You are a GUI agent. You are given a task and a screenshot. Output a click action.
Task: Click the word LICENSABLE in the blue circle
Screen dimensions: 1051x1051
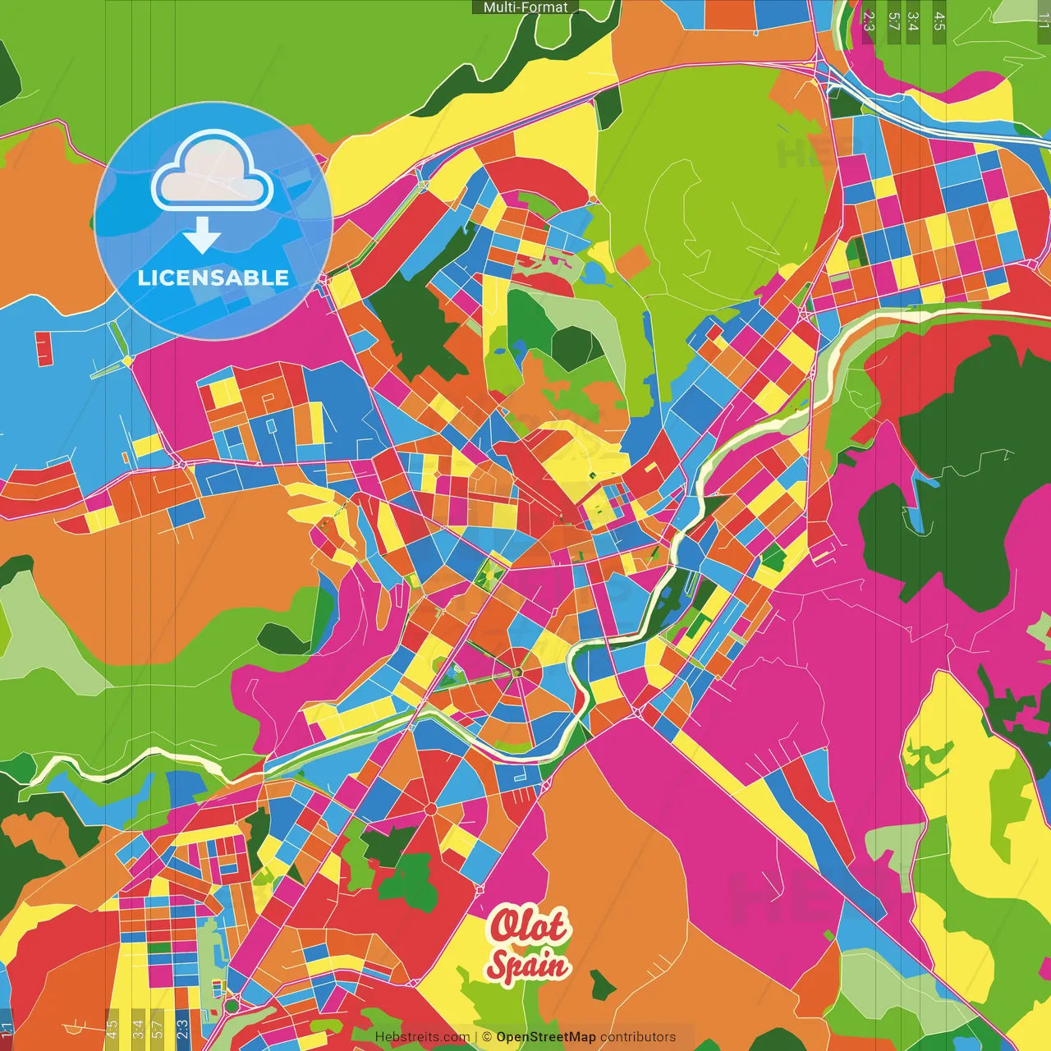pyautogui.click(x=213, y=278)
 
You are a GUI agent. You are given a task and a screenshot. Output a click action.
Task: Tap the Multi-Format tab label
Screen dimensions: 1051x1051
pyautogui.click(x=525, y=7)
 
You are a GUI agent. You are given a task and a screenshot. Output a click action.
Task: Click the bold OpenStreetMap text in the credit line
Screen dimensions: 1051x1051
pyautogui.click(x=545, y=1037)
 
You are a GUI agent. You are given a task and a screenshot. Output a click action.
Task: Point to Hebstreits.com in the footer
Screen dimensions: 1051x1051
pyautogui.click(x=422, y=1037)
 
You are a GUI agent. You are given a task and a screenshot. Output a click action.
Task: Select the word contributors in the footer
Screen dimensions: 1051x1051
pyautogui.click(x=638, y=1037)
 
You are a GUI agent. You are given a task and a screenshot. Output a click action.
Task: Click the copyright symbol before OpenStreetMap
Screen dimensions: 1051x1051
pyautogui.click(x=487, y=1037)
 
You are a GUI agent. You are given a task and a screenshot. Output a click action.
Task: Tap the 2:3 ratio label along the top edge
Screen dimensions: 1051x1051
pyautogui.click(x=869, y=21)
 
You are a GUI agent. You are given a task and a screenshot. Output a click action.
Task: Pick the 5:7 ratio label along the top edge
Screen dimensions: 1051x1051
pyautogui.click(x=893, y=21)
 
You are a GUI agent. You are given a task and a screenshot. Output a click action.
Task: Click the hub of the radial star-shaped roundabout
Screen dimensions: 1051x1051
pyautogui.click(x=517, y=673)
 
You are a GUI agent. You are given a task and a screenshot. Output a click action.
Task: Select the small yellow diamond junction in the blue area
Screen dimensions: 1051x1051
pyautogui.click(x=127, y=360)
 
